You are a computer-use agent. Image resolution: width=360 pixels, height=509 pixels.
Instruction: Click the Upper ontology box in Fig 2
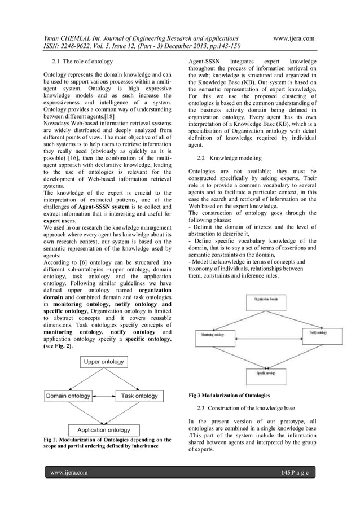(104, 361)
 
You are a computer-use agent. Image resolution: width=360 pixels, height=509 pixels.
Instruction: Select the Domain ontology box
(68, 396)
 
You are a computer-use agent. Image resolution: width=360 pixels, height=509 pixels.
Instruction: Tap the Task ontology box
(139, 396)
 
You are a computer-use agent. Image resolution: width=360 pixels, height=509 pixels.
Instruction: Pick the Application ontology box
(104, 430)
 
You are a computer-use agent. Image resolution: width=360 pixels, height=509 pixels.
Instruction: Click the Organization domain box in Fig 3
(268, 300)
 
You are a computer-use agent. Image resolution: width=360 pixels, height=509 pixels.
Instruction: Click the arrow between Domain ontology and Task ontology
(104, 396)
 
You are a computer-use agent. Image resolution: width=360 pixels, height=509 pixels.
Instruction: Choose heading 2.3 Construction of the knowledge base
(254, 407)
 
